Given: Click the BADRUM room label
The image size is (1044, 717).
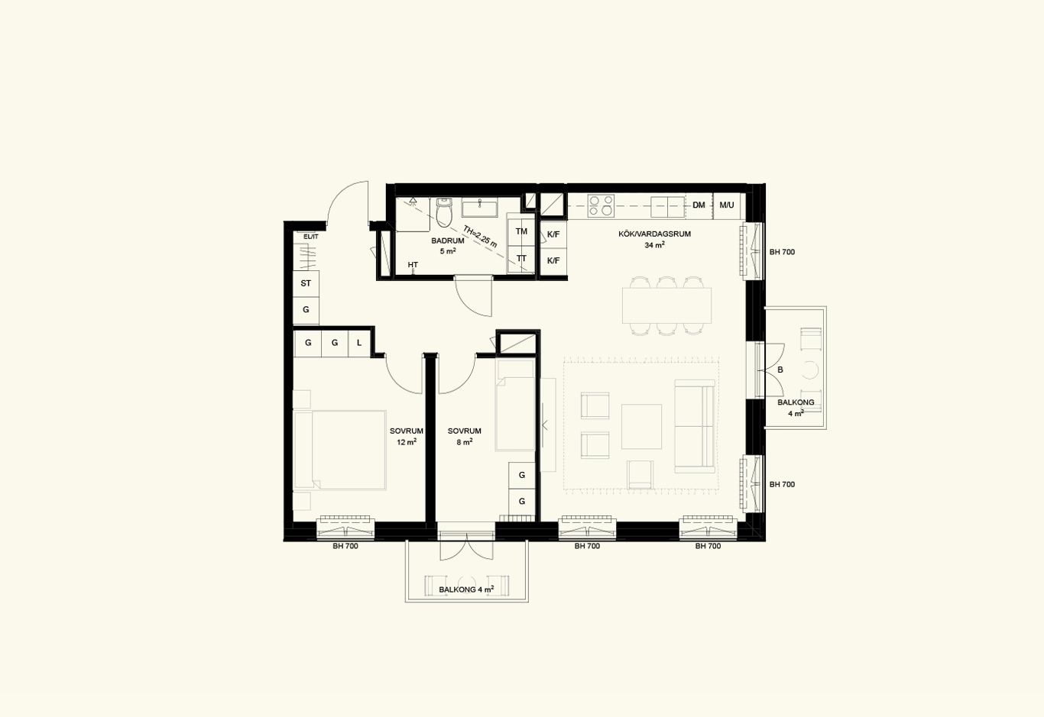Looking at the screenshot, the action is point(447,241).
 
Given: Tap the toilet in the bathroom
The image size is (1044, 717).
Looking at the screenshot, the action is point(444,212).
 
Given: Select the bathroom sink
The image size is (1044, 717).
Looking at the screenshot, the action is point(480,207).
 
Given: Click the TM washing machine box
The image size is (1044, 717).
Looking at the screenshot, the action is point(521,231).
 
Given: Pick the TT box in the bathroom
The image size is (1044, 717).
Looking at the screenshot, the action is point(521,258).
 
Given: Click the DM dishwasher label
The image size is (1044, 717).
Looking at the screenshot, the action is point(699,205).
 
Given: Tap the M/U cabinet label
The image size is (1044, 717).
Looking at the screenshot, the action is point(727,205).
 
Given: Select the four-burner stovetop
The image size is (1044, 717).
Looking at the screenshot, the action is point(600,206).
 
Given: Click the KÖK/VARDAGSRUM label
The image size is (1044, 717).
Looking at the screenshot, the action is point(654,234).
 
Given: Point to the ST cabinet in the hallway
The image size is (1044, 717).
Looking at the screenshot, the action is point(306,283).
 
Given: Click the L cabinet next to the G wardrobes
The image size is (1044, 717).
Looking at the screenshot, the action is point(359,343).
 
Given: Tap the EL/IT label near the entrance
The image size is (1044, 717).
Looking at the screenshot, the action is point(311,237).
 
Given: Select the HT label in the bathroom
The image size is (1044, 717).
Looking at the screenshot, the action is point(413,265).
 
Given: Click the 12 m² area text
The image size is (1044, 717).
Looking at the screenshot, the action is point(407,442).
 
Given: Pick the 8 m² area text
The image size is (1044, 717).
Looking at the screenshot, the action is point(465,442).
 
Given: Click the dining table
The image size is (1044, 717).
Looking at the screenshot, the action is point(666,305).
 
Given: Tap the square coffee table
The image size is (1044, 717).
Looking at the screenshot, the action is point(641,427).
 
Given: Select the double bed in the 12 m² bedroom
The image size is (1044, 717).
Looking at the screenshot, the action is point(340,450).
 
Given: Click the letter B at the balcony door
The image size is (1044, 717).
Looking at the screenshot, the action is point(780,370).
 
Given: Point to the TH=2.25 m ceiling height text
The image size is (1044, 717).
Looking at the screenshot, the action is point(480,236).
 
